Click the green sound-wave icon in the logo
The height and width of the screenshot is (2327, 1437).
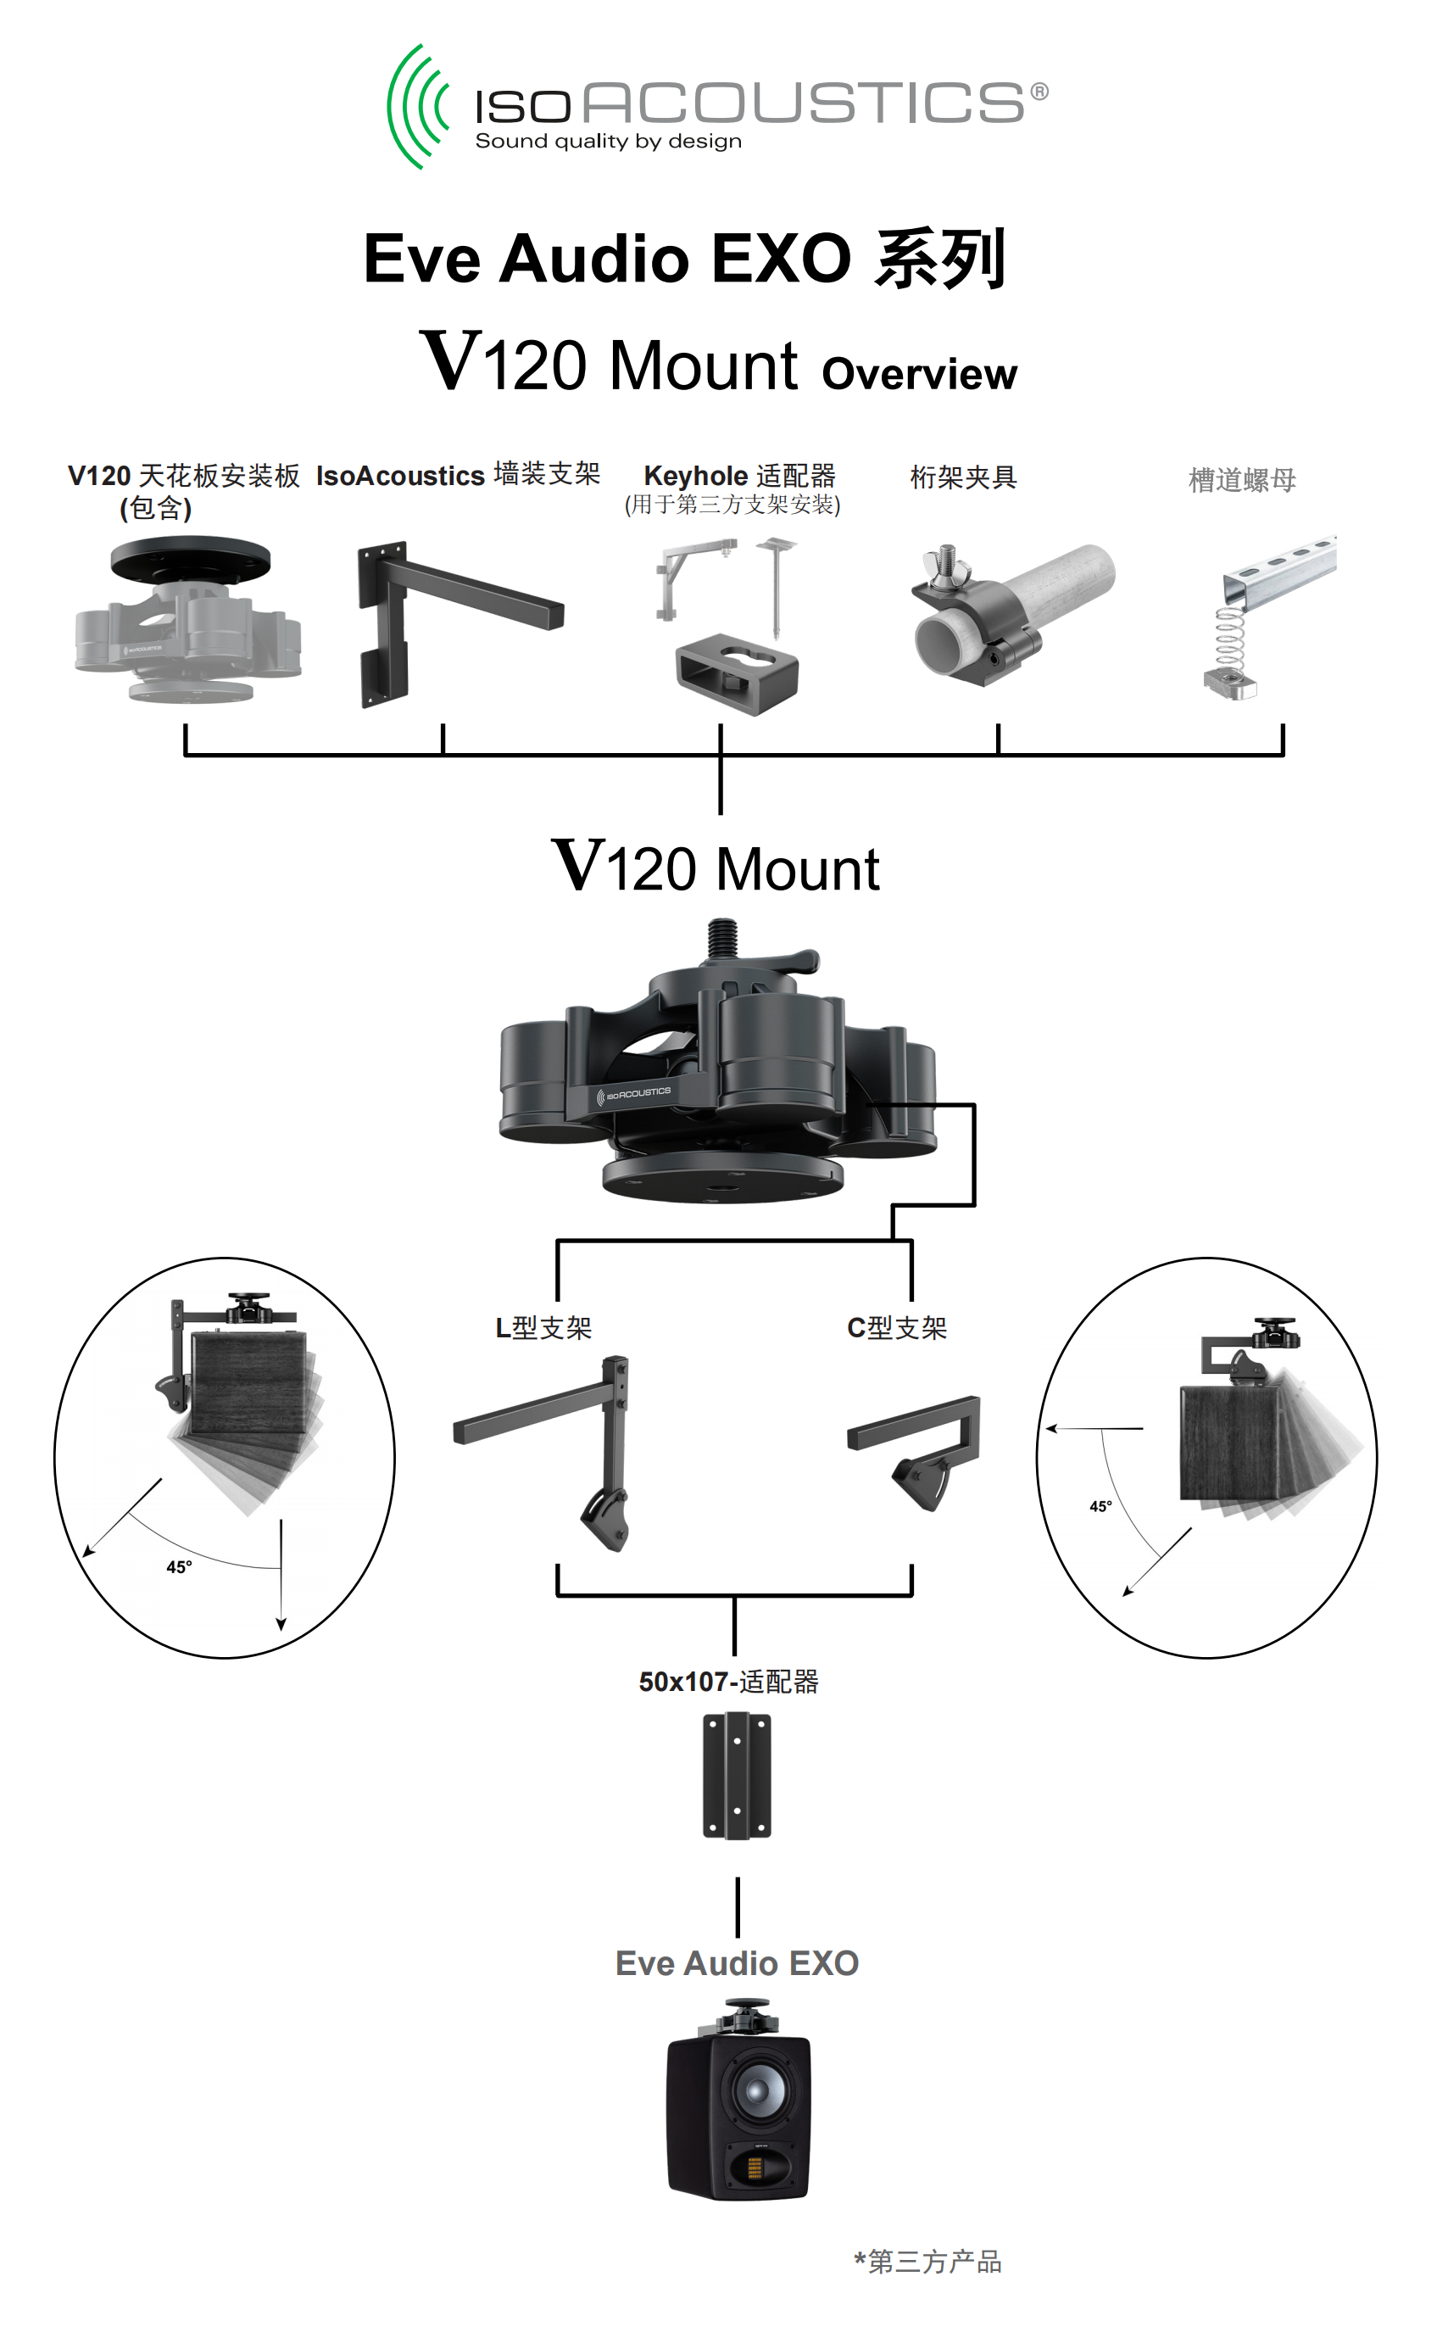(415, 107)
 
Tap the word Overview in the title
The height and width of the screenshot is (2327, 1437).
(918, 374)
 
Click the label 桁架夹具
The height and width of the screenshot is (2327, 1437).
(963, 477)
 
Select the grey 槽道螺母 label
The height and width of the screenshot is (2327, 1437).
(1241, 479)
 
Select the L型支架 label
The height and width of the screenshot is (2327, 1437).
(543, 1327)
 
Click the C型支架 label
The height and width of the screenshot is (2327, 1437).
(896, 1327)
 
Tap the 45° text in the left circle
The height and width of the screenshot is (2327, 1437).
(179, 1566)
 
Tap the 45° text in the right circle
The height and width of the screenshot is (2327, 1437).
(1100, 1507)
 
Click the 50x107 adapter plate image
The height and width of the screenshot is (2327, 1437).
(737, 1776)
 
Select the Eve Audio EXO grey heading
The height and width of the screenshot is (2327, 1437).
(737, 1963)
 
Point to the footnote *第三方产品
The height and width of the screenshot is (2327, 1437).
(927, 2262)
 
